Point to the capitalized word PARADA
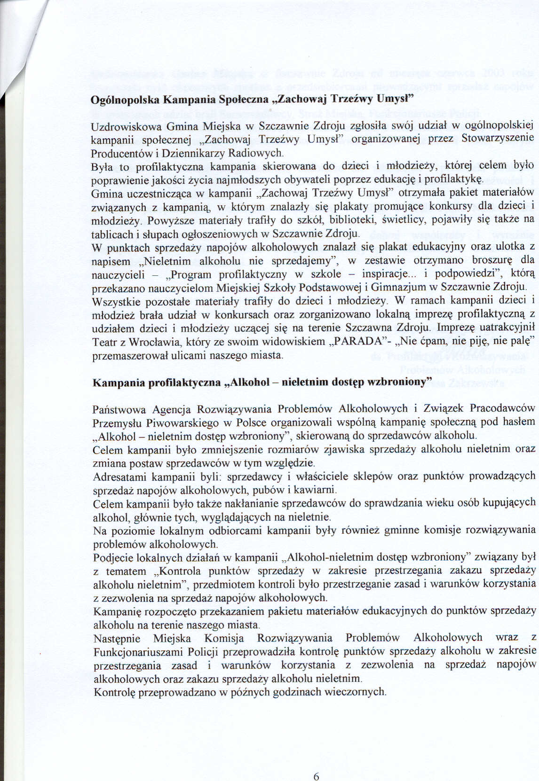[355, 341]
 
